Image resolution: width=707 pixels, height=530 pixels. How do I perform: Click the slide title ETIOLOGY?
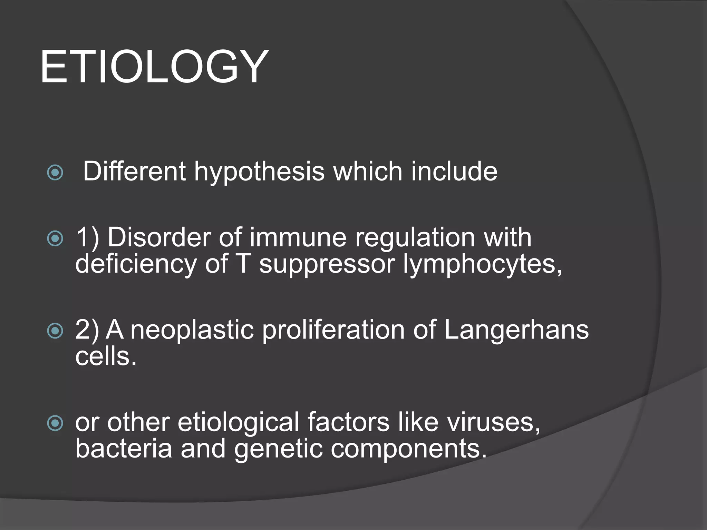pos(154,67)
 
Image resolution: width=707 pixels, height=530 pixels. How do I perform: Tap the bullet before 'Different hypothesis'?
pos(55,173)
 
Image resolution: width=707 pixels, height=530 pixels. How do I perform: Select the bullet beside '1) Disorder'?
pos(55,238)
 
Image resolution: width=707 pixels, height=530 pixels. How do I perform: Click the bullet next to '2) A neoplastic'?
pos(55,331)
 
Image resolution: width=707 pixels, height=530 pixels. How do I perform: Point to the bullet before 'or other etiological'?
pos(55,423)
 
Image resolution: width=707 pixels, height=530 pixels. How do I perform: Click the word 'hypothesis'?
pos(259,172)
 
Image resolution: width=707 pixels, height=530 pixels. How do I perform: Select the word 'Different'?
pos(134,171)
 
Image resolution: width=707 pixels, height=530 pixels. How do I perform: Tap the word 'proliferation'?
pos(333,331)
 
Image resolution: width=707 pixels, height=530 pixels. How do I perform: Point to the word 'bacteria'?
pos(123,449)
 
